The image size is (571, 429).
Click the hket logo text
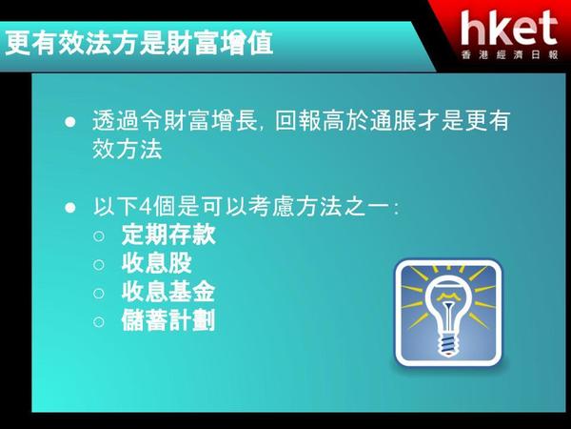point(509,28)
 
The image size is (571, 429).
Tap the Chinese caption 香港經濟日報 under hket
point(509,54)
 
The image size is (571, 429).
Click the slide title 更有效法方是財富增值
point(139,44)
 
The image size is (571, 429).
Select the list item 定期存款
point(168,235)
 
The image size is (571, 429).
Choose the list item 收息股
point(157,263)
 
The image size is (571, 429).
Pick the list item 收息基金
point(168,292)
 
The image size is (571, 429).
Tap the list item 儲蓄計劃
point(168,320)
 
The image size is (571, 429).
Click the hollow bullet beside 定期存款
point(99,236)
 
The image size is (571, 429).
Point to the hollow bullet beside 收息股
point(99,264)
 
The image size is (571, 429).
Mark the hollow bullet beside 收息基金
point(99,294)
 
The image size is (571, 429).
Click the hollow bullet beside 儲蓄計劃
point(99,322)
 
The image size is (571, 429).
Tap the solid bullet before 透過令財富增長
point(69,121)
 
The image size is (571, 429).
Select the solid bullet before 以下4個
point(69,208)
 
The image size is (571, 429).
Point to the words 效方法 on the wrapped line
point(128,149)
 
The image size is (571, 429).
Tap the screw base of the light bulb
point(447,345)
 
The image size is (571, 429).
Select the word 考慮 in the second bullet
point(270,207)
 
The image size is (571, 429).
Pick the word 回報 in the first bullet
point(298,121)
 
